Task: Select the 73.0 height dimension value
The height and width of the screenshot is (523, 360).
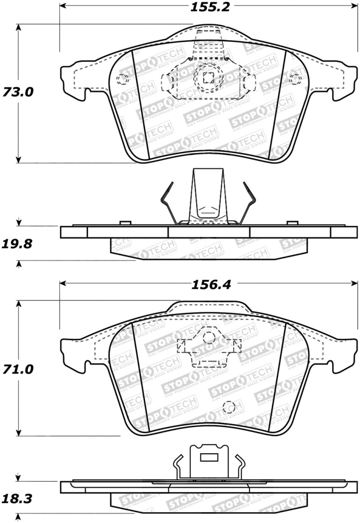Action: pos(18,92)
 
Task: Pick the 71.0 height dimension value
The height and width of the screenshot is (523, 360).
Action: pos(18,370)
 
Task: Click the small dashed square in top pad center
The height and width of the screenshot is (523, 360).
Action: pos(208,77)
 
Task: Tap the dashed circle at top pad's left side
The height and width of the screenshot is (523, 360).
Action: pos(122,79)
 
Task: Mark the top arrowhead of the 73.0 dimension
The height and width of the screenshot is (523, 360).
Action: pos(18,27)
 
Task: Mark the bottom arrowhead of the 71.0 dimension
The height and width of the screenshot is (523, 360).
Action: pos(18,432)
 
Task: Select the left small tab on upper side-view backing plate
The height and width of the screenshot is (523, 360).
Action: pos(125,223)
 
